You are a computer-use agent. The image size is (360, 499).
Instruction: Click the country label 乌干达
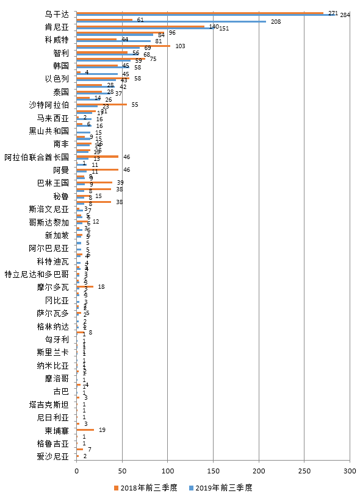tap(57, 13)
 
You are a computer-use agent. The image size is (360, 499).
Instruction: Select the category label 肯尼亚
tap(57, 27)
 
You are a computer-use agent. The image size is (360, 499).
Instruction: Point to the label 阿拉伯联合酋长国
tap(37, 157)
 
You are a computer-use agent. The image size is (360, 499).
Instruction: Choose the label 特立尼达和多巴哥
tap(37, 274)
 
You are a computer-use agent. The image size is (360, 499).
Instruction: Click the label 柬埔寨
tap(57, 430)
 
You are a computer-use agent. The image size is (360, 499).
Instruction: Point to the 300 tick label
tap(350, 472)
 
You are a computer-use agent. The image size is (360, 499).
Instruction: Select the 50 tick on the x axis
tap(122, 472)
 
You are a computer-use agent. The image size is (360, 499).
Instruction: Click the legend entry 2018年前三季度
tap(145, 487)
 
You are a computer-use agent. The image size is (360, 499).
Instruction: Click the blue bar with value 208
tap(171, 21)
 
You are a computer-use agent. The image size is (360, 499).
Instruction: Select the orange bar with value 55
tap(101, 105)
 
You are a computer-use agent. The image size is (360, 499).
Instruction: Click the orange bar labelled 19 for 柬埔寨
tap(85, 430)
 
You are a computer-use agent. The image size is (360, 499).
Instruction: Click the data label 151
tap(224, 29)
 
